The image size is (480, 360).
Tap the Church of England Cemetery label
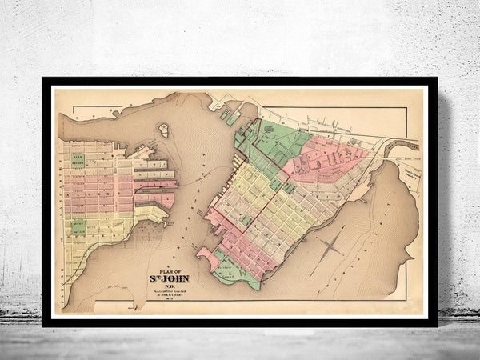point(414,171)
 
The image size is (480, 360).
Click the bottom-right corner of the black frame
point(436,325)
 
